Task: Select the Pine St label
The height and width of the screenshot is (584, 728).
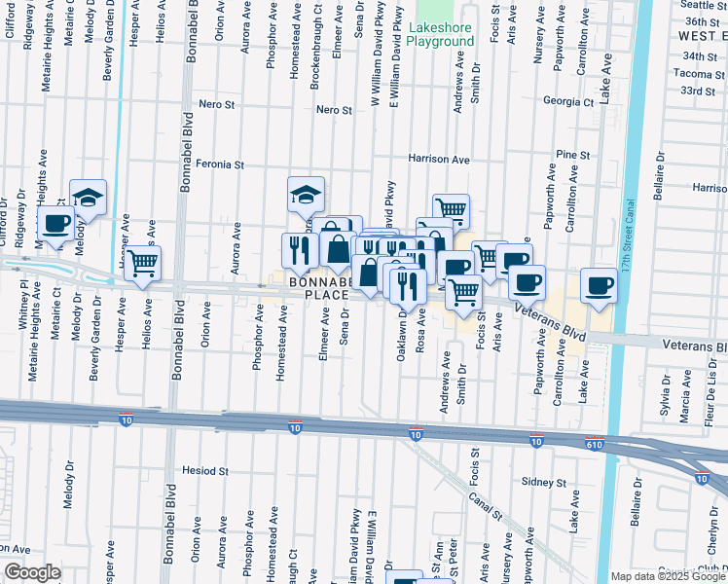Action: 573,155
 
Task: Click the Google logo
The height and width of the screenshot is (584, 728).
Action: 32,572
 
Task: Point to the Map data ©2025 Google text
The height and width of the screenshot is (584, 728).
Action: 668,576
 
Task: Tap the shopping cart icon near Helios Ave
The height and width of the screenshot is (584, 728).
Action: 143,262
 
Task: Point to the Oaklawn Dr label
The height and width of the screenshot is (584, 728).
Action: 401,336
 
